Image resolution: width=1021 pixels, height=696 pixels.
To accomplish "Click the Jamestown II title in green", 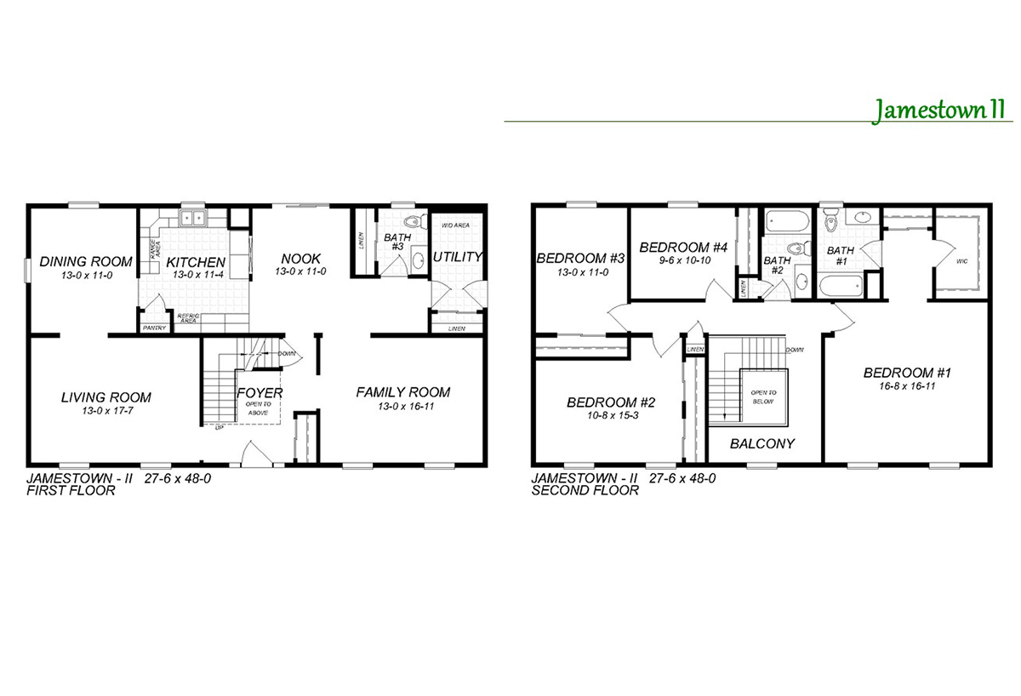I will [x=938, y=110].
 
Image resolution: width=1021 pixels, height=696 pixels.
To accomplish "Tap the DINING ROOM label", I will [x=86, y=261].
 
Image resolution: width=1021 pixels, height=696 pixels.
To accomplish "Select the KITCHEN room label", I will [x=195, y=262].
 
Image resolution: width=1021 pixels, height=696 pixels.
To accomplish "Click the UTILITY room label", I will [x=458, y=256].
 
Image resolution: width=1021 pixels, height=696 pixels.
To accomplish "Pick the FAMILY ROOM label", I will [x=402, y=392].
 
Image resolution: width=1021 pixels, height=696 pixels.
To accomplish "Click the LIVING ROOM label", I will [x=106, y=397].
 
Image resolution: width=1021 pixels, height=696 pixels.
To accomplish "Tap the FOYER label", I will [x=260, y=393].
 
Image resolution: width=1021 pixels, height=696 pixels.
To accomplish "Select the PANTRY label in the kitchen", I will [x=155, y=327].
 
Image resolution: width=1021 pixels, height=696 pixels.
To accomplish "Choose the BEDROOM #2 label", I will [x=610, y=402].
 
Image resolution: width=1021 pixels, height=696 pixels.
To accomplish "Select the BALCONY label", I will [x=763, y=443].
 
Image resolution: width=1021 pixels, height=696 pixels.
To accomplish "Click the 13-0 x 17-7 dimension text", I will [x=106, y=410].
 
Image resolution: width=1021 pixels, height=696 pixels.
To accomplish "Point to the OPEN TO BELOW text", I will [x=762, y=396].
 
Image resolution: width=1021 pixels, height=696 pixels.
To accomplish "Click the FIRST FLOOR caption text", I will [x=71, y=491].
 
